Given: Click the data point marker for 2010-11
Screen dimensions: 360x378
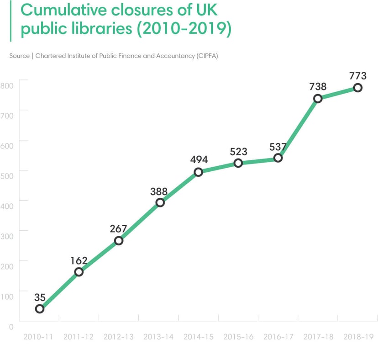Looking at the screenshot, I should pos(40,309).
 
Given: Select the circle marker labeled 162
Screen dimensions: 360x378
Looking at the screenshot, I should pos(79,272).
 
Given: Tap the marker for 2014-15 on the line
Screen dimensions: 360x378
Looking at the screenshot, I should pos(198,172).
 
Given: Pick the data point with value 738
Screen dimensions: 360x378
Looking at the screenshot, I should pos(318,98).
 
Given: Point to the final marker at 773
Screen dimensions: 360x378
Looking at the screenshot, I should pos(357,88).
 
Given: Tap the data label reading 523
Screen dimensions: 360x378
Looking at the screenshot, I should pos(238,152).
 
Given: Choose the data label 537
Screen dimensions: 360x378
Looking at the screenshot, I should pos(277,147).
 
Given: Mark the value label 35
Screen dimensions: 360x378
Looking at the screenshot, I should pos(40,297).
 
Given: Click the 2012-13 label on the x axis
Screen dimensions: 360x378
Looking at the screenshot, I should pos(118,337).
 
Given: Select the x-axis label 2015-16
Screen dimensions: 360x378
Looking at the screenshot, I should pos(238,337).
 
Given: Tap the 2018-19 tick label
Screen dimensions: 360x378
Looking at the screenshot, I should pos(358,337).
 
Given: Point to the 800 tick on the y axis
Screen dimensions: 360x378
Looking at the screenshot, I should pos(7,85).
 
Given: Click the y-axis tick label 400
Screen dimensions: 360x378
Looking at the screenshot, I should pos(7,206).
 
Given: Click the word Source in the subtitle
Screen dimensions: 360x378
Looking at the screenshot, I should pos(19,56).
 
